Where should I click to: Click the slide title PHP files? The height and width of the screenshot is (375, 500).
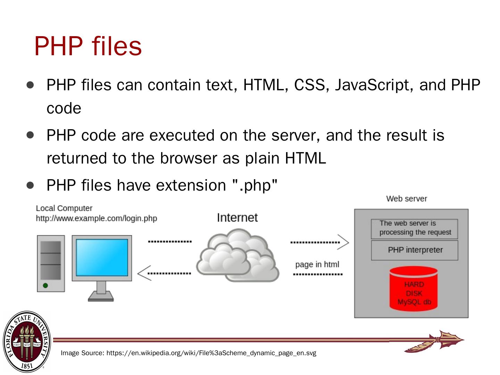88,46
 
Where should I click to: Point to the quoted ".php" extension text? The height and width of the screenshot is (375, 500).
255,185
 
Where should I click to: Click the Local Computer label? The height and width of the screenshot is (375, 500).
64,208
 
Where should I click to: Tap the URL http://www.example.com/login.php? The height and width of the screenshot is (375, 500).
97,219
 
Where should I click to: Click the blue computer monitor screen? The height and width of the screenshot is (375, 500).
102,258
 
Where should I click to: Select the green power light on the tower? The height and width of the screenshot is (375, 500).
45,285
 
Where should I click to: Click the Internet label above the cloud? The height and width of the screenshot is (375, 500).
237,218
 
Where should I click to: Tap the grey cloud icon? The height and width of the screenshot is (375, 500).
237,256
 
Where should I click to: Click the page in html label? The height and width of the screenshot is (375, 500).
317,265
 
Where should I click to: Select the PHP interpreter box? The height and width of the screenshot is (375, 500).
415,250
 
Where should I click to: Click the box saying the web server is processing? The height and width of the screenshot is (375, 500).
415,228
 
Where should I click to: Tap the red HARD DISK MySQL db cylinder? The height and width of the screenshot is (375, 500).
414,288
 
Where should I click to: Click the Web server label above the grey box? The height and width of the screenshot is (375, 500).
407,199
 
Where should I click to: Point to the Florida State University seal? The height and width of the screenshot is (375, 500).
27,341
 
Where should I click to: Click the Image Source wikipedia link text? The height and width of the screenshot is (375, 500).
188,353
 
